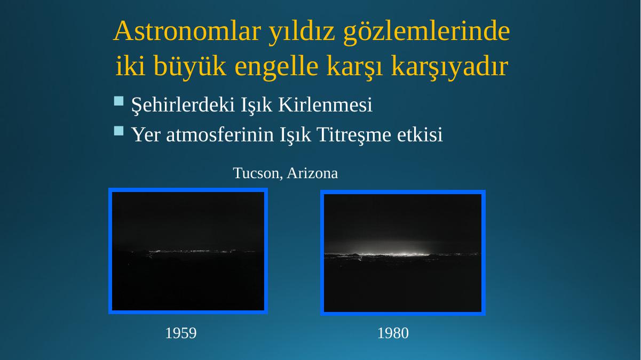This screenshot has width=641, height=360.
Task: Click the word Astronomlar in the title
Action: coord(187,31)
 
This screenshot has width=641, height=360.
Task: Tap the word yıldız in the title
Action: coord(302,31)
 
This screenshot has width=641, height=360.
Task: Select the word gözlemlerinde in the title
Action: coord(426,32)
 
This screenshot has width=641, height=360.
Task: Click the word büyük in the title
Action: coord(189,66)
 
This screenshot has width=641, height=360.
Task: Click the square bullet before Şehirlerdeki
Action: coord(119,101)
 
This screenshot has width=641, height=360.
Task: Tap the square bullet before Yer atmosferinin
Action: coord(119,131)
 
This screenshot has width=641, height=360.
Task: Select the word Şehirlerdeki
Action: coord(183,105)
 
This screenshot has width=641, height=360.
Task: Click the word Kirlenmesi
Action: coord(325,105)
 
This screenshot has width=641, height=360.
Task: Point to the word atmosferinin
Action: coord(220,134)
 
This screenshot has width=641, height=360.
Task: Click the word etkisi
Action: coord(420,134)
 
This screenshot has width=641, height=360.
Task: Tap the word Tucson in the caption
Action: coord(258,173)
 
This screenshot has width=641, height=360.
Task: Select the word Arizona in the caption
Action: coord(312,173)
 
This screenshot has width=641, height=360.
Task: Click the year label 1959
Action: coord(181,333)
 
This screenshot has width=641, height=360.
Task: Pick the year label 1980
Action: coord(393,333)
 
